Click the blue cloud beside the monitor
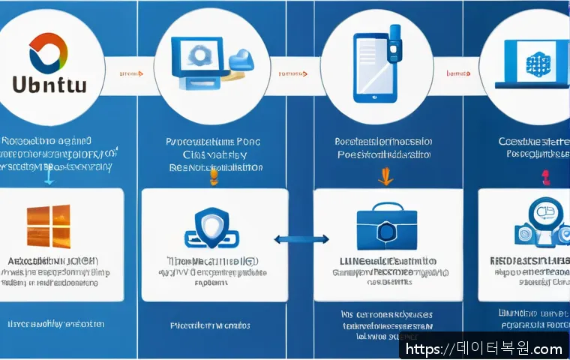[241, 59]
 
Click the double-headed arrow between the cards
[301, 240]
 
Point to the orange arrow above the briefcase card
[385, 177]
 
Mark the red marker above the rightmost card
[545, 177]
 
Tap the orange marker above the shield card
[213, 177]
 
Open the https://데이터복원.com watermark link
[484, 348]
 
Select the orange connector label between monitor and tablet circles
[291, 73]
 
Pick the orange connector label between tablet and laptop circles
[458, 73]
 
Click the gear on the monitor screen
[199, 55]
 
